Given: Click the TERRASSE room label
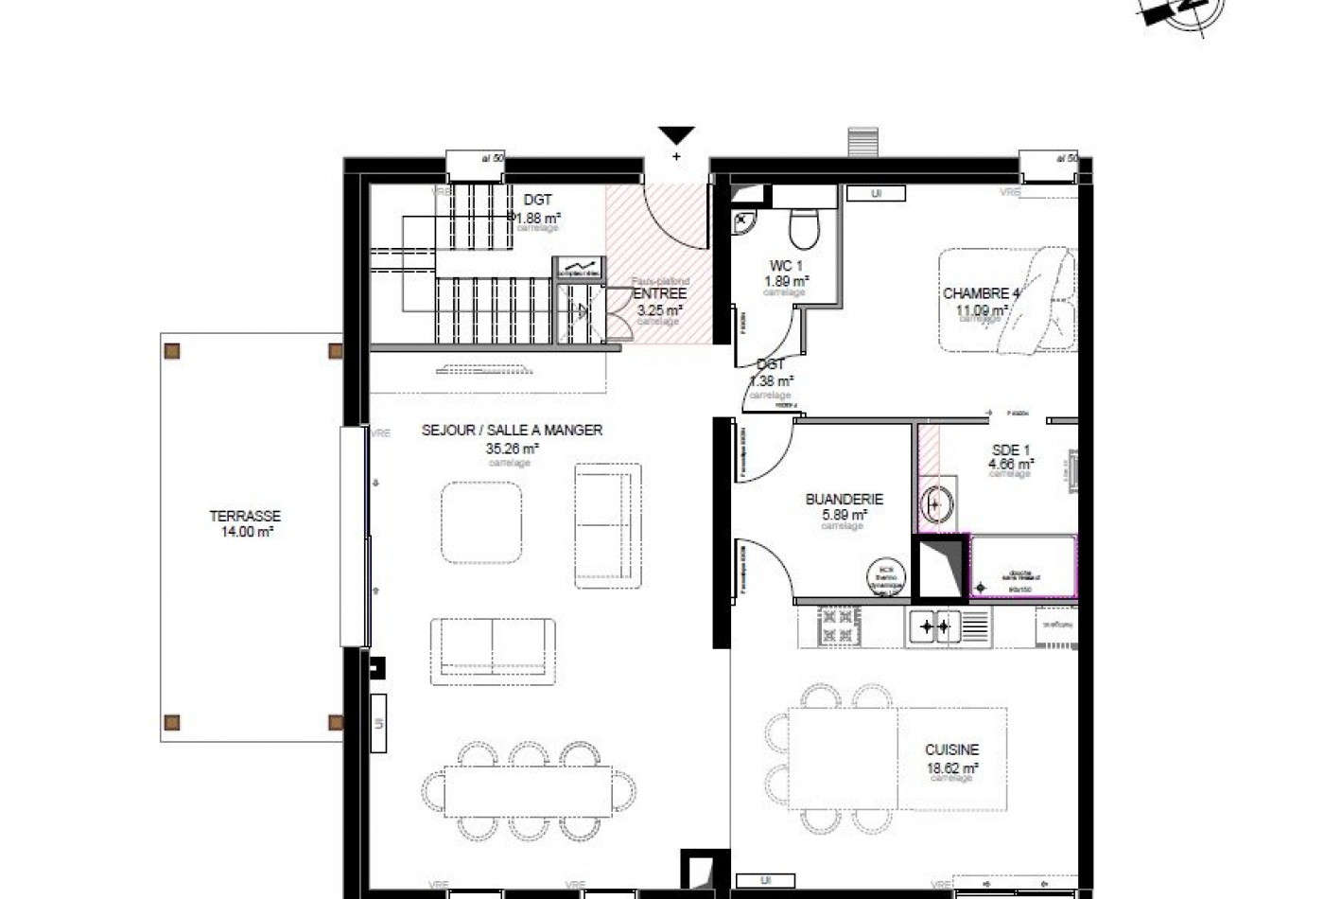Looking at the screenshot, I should [x=245, y=517].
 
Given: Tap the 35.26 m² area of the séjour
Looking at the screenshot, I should [x=511, y=449].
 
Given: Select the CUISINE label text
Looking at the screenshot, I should [x=951, y=749].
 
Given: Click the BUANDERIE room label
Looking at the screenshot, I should [x=844, y=500].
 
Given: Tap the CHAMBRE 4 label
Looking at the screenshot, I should [x=980, y=293].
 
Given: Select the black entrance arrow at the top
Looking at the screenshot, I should [x=676, y=135].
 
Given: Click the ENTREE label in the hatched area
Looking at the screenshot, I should [x=659, y=294].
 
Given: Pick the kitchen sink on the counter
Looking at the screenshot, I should [x=934, y=626].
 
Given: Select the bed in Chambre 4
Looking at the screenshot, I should [x=1007, y=301].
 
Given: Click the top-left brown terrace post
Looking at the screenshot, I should [x=173, y=351].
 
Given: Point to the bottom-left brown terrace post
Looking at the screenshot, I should [x=173, y=723].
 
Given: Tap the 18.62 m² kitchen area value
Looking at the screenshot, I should [x=951, y=769].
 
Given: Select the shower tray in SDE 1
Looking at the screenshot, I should [x=1023, y=567].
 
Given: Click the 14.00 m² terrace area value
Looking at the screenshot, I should [x=245, y=533].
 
